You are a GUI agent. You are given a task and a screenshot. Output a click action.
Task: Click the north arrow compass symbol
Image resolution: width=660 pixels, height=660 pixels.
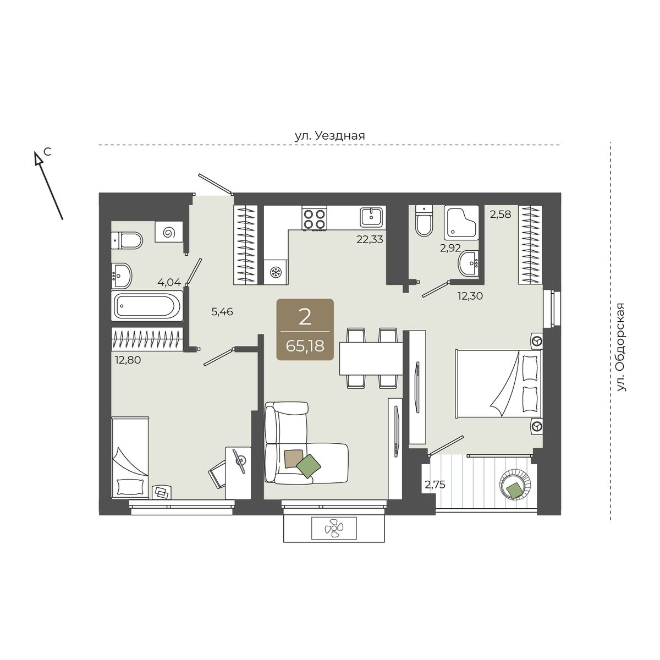click(48, 185)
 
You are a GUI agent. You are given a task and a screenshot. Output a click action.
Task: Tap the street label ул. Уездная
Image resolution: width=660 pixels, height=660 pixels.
click(330, 136)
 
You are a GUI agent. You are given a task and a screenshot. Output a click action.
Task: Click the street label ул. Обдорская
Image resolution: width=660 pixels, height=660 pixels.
click(620, 347)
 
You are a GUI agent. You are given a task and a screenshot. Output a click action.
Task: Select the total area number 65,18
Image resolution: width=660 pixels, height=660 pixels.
click(305, 346)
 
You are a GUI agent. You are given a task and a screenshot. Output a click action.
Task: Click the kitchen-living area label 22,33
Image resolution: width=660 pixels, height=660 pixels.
click(370, 239)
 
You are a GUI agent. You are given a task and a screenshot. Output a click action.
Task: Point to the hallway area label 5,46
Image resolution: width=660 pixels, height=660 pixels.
click(222, 312)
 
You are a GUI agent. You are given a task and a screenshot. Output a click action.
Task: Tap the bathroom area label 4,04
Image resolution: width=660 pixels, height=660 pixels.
click(169, 283)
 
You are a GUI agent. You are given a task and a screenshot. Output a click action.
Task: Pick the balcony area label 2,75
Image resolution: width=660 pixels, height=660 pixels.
click(435, 485)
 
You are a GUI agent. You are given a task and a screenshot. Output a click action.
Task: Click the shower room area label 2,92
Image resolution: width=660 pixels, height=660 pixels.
click(450, 248)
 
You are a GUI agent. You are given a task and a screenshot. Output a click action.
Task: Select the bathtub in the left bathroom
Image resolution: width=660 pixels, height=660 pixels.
click(147, 306)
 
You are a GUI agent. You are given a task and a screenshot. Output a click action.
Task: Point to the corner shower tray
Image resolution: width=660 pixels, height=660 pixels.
click(461, 223)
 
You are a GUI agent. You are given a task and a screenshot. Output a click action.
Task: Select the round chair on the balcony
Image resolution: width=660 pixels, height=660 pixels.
click(515, 485)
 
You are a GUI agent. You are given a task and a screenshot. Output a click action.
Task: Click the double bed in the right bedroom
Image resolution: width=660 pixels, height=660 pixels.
click(499, 383)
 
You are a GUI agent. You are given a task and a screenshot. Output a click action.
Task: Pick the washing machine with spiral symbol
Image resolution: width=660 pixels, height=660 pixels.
click(168, 232)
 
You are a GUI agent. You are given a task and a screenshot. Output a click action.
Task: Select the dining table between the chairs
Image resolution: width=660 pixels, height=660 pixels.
click(371, 359)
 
